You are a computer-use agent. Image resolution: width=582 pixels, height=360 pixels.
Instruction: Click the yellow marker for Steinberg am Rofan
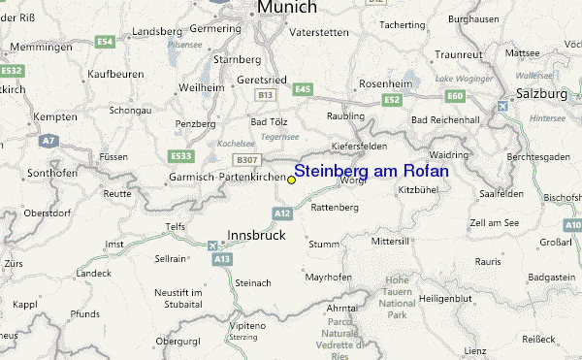pos(291,180)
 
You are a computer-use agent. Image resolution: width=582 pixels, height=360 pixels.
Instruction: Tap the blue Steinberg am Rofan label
pos(371,171)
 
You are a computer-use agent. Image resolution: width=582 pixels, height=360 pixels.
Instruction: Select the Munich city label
pos(286,8)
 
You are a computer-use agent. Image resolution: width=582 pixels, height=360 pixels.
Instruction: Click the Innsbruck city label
pos(258,235)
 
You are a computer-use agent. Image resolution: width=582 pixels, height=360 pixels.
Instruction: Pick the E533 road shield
pos(180,156)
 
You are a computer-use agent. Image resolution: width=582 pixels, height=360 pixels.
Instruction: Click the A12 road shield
pos(282,213)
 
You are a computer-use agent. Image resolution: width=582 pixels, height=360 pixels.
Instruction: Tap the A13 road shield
pos(223,260)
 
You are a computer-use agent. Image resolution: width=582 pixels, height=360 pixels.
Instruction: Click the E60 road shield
pos(455,95)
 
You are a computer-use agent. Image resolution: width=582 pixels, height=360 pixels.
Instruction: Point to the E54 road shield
pos(105,41)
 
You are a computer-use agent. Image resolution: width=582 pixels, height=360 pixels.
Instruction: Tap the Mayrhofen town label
pos(327,278)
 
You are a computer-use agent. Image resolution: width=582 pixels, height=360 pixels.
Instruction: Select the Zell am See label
pos(494,223)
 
